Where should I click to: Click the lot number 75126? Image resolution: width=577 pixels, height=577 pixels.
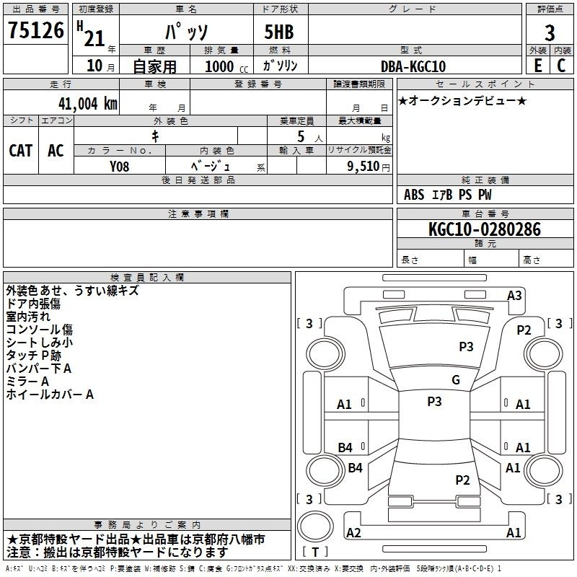(x=36, y=30)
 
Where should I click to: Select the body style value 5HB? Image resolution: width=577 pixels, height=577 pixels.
(x=279, y=32)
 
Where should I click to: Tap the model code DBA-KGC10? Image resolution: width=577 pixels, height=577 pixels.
(x=413, y=66)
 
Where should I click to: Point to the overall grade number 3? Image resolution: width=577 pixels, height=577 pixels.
(x=550, y=32)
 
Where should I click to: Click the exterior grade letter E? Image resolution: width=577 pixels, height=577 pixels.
(x=538, y=66)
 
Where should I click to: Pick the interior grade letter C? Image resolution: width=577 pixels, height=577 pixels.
(x=561, y=66)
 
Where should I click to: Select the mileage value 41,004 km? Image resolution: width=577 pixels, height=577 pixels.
(x=87, y=104)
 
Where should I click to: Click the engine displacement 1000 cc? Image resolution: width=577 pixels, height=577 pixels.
(x=226, y=66)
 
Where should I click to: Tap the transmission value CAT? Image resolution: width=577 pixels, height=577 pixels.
(x=21, y=151)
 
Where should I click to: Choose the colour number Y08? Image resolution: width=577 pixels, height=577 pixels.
(x=119, y=167)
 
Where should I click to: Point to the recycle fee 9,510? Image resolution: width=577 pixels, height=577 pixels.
(x=364, y=167)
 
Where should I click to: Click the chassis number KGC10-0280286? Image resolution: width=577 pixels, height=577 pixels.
(x=485, y=229)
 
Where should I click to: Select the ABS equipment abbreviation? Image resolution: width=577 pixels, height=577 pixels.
(x=414, y=195)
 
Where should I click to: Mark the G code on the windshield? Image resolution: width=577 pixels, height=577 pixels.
(x=456, y=380)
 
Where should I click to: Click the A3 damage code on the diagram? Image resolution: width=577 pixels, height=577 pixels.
(x=514, y=296)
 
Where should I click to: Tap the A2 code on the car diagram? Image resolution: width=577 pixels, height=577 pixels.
(x=353, y=532)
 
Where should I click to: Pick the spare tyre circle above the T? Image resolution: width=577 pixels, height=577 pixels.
(x=315, y=527)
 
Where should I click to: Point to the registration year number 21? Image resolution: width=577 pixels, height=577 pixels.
(x=94, y=38)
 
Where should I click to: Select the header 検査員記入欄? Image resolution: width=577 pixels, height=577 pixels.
(x=147, y=278)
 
